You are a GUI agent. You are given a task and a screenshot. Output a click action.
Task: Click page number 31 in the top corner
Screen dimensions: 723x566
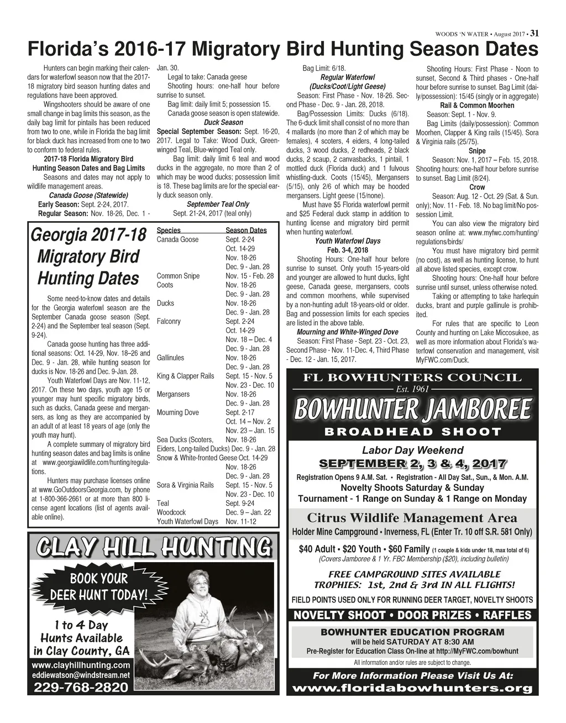534,33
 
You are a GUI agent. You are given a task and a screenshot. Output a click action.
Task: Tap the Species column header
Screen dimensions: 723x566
169,230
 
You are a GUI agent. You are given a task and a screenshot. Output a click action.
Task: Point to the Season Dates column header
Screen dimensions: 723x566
246,230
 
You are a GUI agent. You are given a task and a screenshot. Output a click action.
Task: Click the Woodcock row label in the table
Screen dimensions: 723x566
171,512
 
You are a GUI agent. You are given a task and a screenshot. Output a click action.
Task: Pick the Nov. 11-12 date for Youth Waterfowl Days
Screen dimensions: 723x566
241,521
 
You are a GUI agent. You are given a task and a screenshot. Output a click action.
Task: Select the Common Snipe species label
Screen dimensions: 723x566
178,276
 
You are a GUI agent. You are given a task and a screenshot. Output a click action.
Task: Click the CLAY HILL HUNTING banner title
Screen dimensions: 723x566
151,548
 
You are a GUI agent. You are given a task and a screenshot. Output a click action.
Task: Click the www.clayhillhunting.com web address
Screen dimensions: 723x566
81,665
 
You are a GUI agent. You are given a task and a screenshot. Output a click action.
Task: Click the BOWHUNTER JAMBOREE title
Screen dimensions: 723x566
412,410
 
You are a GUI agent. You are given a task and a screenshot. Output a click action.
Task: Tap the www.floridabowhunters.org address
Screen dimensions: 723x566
412,689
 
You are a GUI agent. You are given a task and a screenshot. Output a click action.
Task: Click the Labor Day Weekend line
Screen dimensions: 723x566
412,450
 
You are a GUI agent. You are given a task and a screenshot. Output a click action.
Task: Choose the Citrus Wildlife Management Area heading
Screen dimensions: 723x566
412,518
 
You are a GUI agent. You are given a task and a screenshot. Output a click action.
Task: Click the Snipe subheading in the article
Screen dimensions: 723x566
476,151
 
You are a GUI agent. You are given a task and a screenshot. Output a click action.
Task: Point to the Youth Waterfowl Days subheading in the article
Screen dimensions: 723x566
348,241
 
